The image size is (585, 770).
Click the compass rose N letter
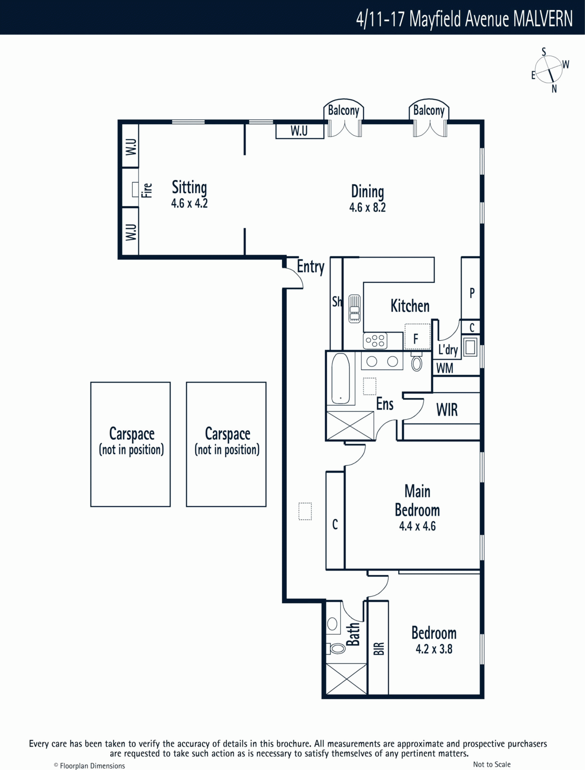554,89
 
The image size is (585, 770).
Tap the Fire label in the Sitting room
147,191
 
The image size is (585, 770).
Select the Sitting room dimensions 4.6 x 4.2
189,204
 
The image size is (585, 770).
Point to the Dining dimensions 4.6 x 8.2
368,208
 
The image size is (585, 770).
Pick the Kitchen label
410,306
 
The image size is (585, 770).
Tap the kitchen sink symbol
355,308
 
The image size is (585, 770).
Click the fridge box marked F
418,336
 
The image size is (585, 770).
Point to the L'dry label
448,350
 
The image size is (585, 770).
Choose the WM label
445,368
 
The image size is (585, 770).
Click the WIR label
447,410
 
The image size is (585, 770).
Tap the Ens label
384,404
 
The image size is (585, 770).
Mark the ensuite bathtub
340,379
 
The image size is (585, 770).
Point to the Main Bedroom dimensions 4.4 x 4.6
417,526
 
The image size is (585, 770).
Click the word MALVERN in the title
543,19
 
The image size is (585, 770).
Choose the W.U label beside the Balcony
299,131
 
